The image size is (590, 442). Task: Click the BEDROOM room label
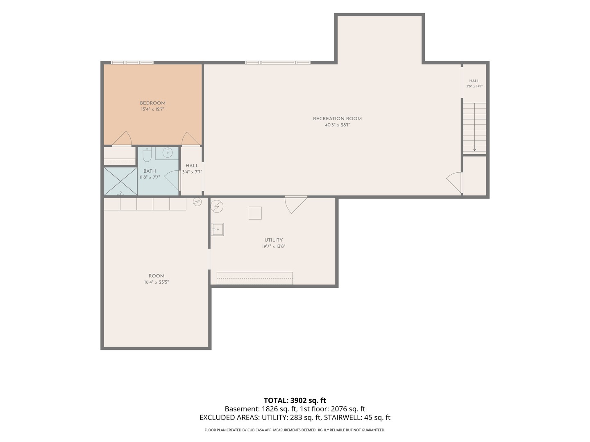152,103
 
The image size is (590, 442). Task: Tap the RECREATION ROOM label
337,119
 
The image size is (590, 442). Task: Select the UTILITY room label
273,240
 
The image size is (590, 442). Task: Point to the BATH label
150,171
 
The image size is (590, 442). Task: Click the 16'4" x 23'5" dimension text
157,282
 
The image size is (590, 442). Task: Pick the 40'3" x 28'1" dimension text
337,125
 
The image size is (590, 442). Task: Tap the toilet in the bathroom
147,154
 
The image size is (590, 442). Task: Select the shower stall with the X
121,181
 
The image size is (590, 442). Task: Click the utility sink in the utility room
217,230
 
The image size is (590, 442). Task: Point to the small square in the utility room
255,213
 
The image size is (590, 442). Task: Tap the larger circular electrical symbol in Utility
217,206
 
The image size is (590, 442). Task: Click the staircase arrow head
474,150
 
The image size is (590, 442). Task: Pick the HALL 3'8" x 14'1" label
474,83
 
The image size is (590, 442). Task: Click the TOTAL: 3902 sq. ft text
295,400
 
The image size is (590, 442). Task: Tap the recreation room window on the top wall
278,63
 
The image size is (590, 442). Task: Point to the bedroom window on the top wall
132,63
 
